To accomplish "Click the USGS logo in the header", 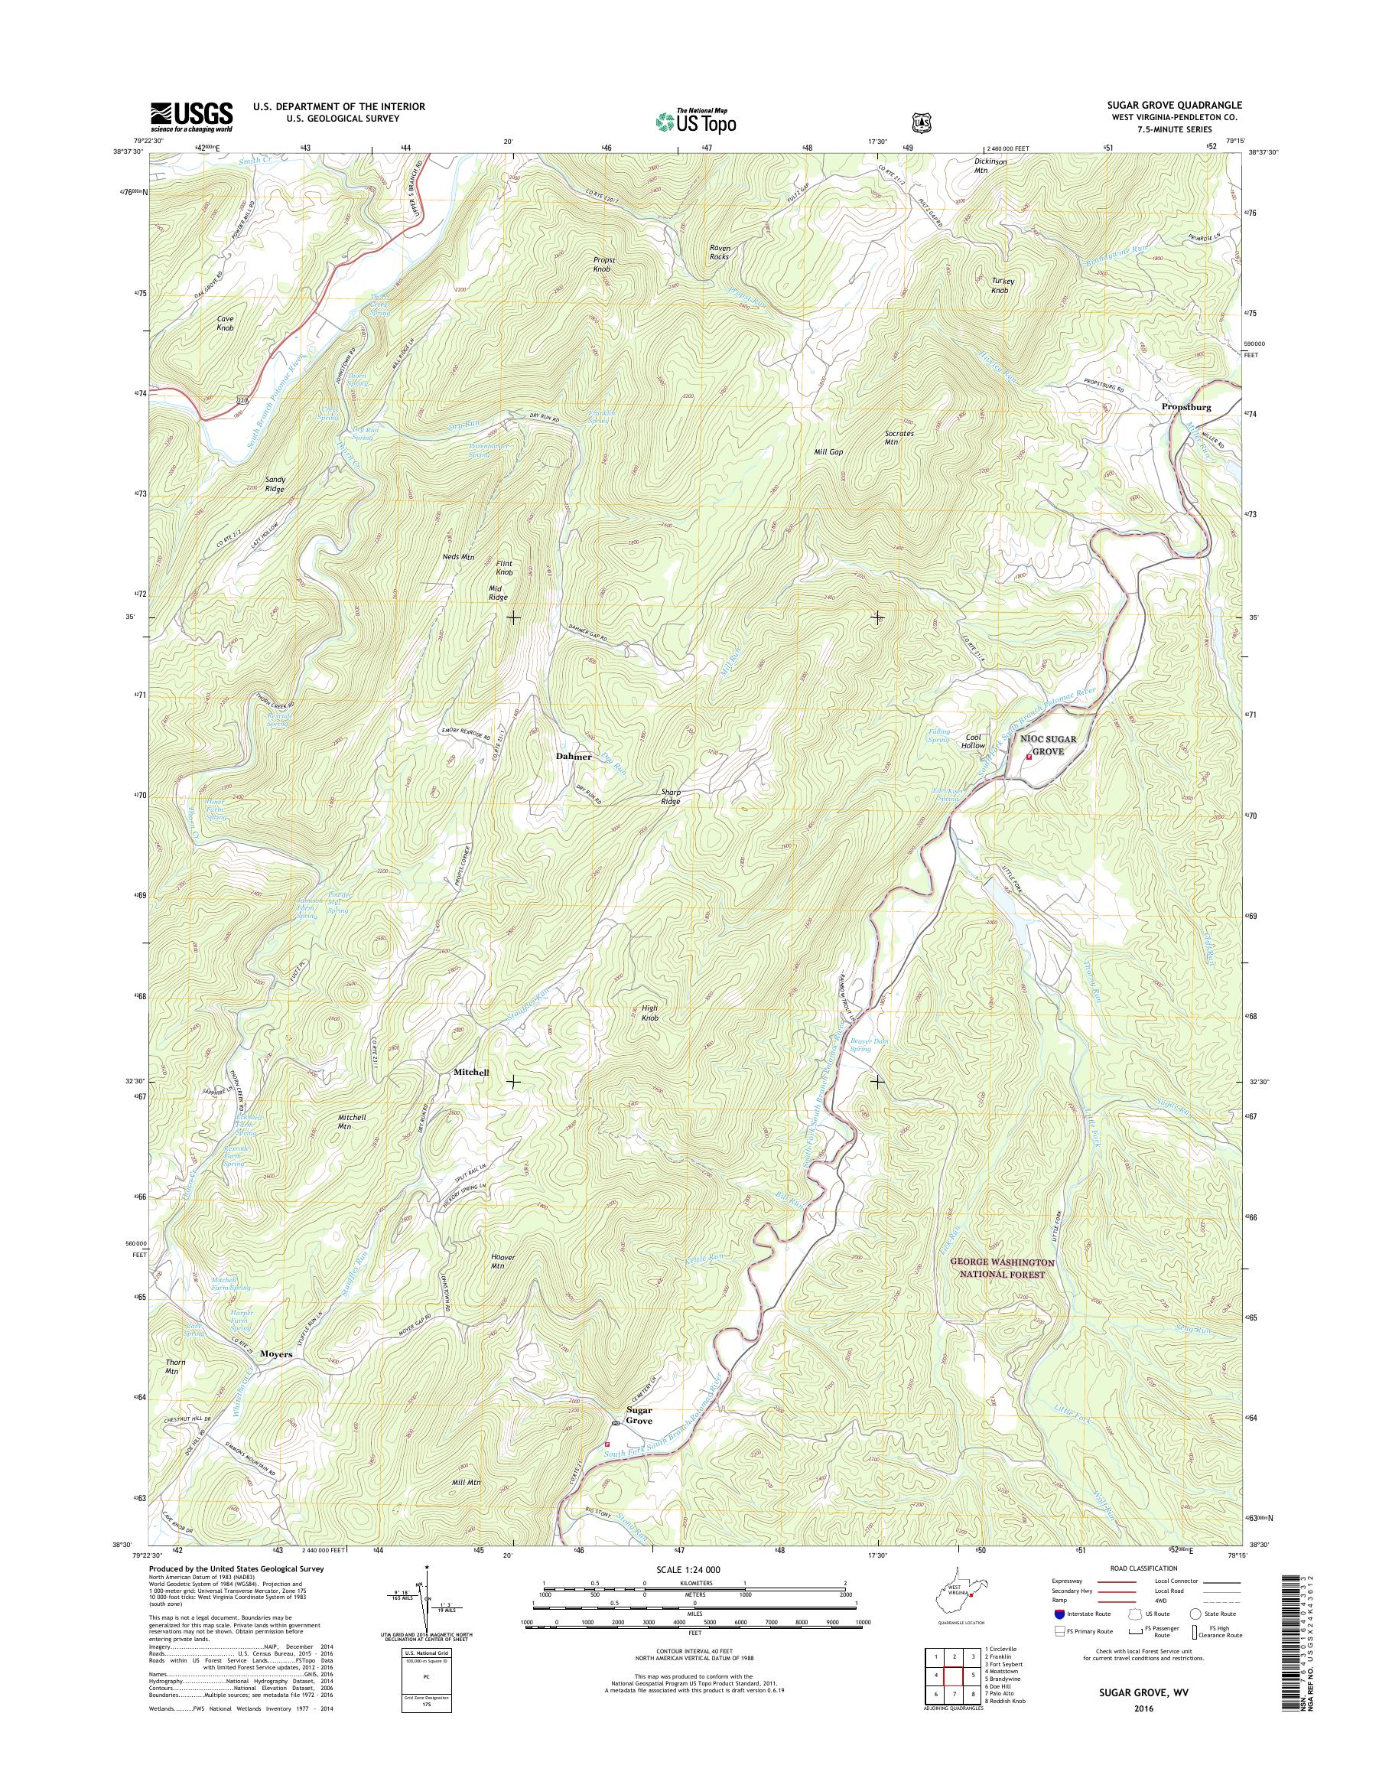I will [x=191, y=116].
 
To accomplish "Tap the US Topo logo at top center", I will [x=695, y=121].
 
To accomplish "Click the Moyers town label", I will [x=276, y=1353].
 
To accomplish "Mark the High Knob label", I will [x=649, y=1014].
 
